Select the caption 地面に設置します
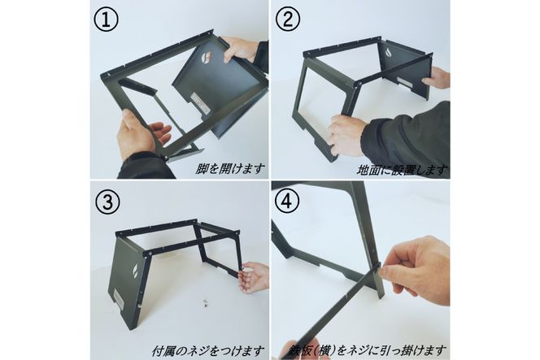pos(403,170)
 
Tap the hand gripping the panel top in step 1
pos(242,49)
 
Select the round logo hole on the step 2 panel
pos(386,54)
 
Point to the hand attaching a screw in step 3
pos(254,276)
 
